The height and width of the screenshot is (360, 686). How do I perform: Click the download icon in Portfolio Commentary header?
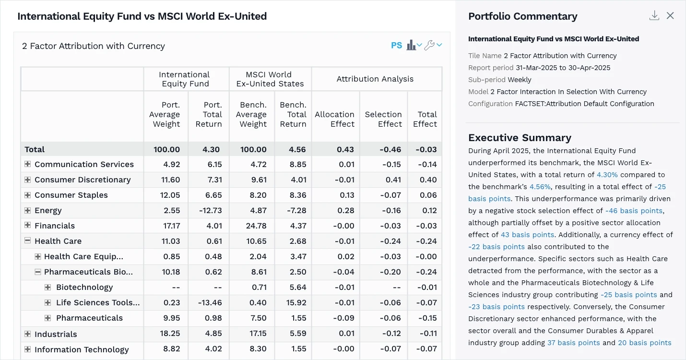click(x=654, y=16)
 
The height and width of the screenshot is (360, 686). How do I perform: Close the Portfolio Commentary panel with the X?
click(x=670, y=16)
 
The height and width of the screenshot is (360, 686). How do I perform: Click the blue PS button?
click(x=396, y=46)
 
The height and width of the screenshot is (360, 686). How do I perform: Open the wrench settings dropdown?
click(x=433, y=45)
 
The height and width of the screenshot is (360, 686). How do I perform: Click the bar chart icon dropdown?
click(x=414, y=45)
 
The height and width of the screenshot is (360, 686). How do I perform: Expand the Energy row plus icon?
click(x=27, y=210)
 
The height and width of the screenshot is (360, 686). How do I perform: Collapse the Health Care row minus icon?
click(x=27, y=241)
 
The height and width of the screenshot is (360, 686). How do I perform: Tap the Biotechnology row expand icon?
click(x=47, y=287)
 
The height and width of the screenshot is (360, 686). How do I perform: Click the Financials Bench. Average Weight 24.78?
click(x=253, y=226)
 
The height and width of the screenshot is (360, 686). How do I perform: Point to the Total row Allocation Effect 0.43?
click(x=345, y=149)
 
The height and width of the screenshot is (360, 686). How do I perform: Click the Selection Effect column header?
click(x=383, y=119)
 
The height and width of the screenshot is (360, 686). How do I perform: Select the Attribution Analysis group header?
click(x=375, y=79)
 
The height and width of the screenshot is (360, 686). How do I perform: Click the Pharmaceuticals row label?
click(x=89, y=318)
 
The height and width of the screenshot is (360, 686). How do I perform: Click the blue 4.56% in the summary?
click(x=540, y=187)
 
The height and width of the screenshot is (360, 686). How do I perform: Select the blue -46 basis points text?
click(x=634, y=211)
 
